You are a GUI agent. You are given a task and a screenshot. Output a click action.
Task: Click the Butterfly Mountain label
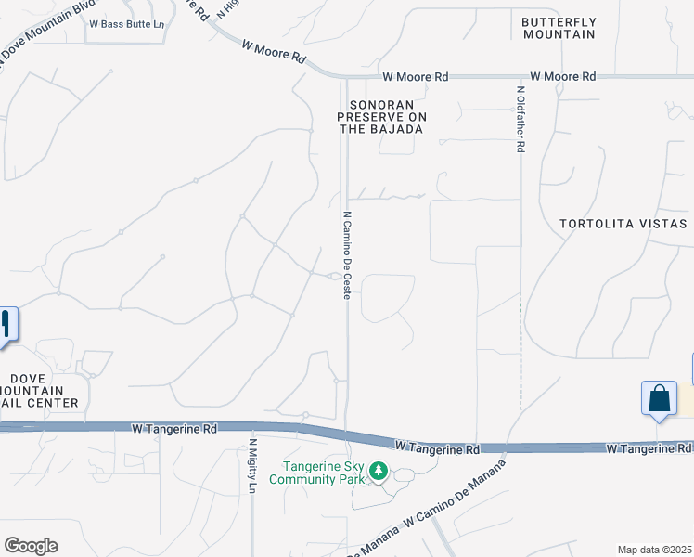(x=558, y=28)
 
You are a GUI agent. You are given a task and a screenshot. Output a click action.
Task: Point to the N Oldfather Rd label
(x=521, y=120)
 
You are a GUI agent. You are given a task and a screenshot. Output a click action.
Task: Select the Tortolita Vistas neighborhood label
(x=623, y=224)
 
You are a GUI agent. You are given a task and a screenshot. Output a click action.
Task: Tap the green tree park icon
(x=378, y=472)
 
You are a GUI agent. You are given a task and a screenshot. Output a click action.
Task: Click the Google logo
(x=31, y=546)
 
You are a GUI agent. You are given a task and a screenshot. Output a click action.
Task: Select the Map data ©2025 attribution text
(x=654, y=550)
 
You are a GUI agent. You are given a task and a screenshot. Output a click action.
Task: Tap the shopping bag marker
(x=659, y=399)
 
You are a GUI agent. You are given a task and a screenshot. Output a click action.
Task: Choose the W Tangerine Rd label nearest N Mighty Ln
(x=174, y=429)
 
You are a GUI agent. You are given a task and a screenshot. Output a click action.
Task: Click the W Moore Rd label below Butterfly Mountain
(x=562, y=77)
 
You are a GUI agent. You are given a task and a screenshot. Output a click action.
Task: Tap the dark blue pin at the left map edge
(x=6, y=325)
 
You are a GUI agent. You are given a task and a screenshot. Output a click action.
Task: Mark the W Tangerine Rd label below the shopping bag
(x=649, y=449)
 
